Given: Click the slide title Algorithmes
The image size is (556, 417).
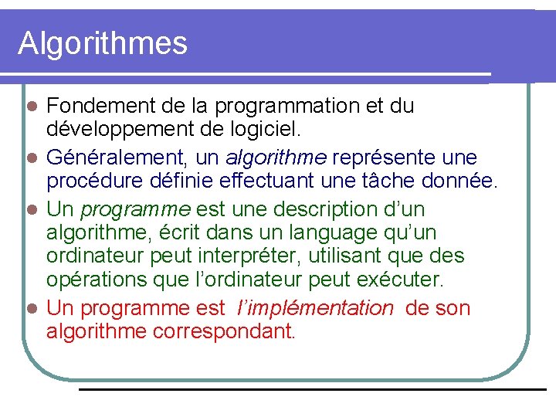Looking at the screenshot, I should point(103,43).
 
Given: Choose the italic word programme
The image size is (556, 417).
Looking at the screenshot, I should point(136,210).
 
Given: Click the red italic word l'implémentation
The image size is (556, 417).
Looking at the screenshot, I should point(314,308).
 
